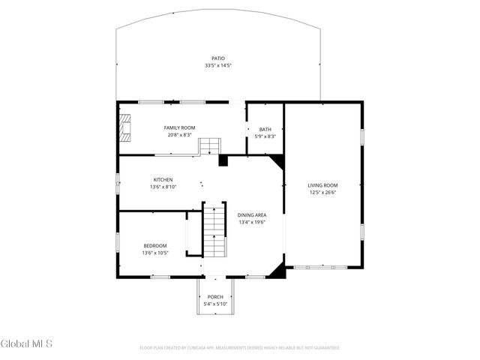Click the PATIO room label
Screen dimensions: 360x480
(x=217, y=58)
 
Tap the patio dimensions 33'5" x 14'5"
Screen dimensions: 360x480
(x=217, y=66)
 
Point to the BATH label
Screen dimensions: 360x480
(x=265, y=129)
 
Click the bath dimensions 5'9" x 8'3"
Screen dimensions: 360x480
(x=265, y=136)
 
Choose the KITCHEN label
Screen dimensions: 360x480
(x=163, y=180)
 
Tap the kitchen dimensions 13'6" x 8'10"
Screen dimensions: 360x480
(x=163, y=187)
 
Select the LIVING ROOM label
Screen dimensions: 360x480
(x=322, y=185)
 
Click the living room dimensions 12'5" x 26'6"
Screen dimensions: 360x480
(x=322, y=192)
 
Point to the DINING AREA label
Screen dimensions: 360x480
(x=252, y=215)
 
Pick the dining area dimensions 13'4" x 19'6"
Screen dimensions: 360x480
(x=252, y=222)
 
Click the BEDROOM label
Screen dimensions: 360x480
(x=155, y=246)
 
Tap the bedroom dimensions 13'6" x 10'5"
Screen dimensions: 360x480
(x=155, y=253)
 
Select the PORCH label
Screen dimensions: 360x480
(x=215, y=297)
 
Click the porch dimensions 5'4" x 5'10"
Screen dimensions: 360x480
(x=215, y=304)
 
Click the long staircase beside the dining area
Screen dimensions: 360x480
(x=214, y=230)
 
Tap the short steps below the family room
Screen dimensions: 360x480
(x=210, y=145)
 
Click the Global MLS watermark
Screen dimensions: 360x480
(x=27, y=344)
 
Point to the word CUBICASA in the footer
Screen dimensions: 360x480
(x=204, y=348)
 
